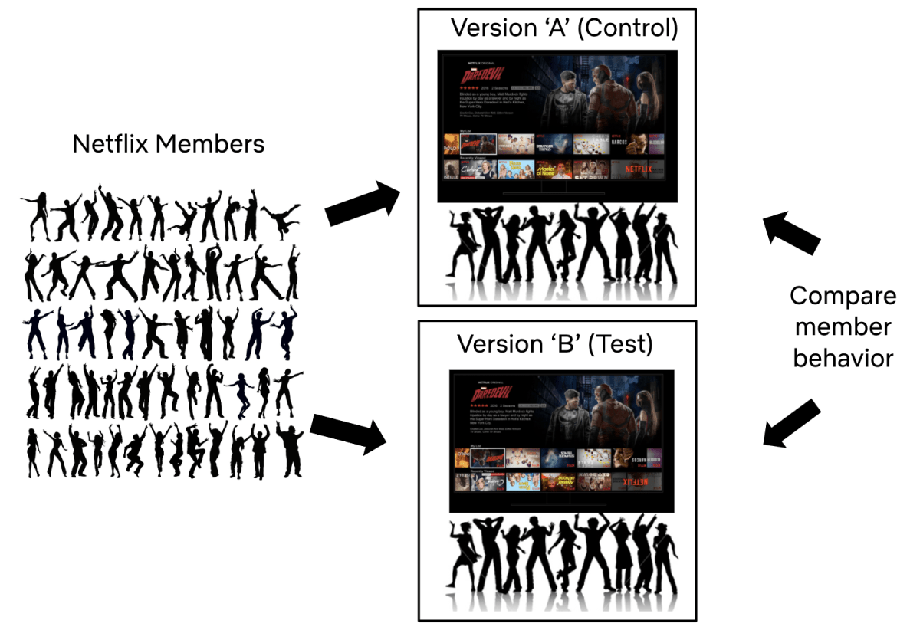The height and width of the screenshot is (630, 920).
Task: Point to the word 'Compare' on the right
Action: pyautogui.click(x=843, y=296)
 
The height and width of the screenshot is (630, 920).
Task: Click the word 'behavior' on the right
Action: pyautogui.click(x=843, y=357)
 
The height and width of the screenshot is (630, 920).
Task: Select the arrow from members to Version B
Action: pyautogui.click(x=349, y=433)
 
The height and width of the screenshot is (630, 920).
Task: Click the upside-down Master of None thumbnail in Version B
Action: pyautogui.click(x=559, y=481)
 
